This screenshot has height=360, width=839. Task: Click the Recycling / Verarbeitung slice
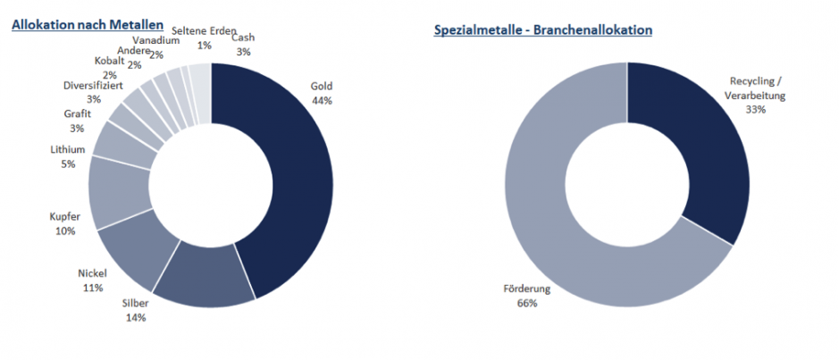[710, 152]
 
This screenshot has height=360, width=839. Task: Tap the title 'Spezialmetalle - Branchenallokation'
[543, 29]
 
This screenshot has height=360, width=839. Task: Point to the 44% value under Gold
[322, 100]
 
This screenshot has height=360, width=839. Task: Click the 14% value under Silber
[135, 317]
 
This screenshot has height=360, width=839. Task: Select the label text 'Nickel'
[92, 273]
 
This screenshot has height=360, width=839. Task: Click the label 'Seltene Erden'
[204, 31]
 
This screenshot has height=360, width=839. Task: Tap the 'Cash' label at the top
[242, 38]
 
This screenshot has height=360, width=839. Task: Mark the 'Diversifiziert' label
[94, 86]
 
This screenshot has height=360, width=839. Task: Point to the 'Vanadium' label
[155, 41]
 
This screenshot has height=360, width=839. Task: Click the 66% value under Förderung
[526, 303]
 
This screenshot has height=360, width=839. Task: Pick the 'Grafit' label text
[78, 115]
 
